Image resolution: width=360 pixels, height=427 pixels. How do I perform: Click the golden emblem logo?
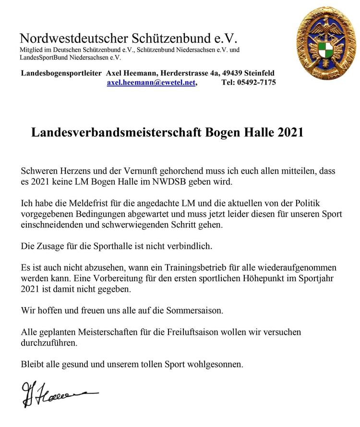tap(326, 43)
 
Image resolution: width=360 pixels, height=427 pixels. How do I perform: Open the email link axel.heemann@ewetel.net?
tap(151, 83)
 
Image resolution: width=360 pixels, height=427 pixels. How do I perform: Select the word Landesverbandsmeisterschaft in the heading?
tap(117, 133)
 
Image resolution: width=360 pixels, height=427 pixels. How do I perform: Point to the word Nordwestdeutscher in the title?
tap(72, 38)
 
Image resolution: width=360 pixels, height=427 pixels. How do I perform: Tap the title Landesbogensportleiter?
tap(61, 73)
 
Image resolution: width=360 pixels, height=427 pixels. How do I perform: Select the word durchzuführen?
tap(48, 343)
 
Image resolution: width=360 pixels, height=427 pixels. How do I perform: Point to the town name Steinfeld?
tap(259, 73)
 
